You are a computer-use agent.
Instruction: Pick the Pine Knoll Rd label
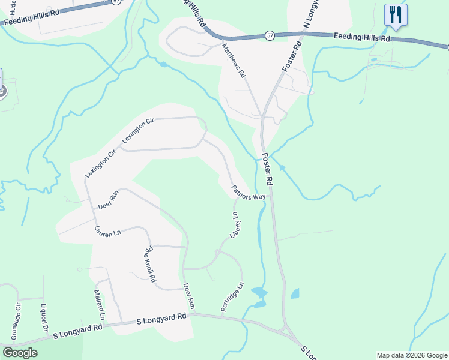click(149, 264)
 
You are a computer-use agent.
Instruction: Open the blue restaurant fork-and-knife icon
click(396, 14)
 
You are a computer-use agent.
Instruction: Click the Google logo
click(20, 353)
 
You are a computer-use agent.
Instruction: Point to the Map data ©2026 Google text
click(411, 355)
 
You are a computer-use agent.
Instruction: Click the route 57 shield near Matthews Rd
click(270, 37)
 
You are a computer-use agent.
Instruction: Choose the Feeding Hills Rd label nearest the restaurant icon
click(363, 37)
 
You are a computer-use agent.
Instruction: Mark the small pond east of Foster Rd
click(295, 293)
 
